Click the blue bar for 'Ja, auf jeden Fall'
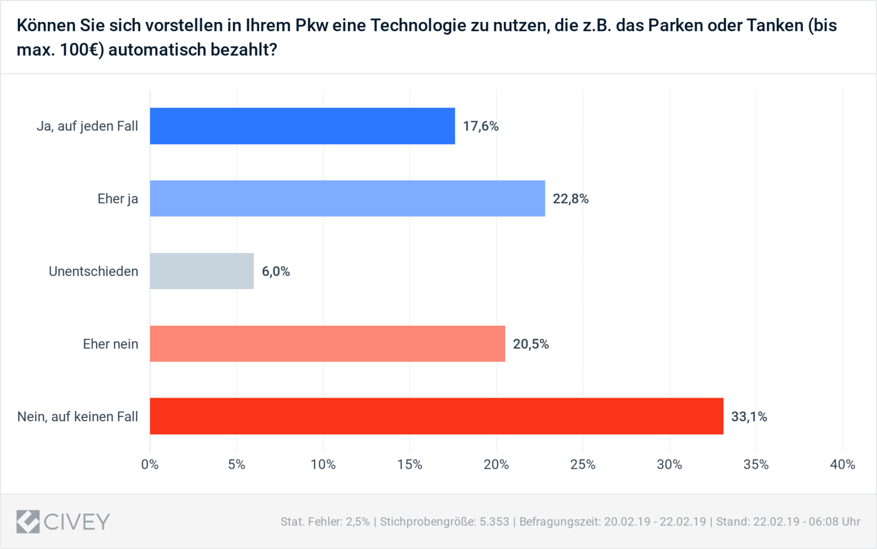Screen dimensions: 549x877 click(302, 126)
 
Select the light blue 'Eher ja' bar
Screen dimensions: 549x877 click(348, 199)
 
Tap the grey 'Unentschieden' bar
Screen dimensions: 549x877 click(202, 271)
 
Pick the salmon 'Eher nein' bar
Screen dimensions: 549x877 click(327, 344)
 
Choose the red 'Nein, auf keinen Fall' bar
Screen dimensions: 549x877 click(436, 416)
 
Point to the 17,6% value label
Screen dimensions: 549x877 click(481, 126)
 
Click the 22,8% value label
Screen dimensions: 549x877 click(571, 199)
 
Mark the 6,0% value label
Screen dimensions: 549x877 click(276, 271)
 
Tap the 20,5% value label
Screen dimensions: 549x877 click(531, 344)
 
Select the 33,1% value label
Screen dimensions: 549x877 click(749, 417)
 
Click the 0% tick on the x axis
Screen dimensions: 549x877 click(150, 465)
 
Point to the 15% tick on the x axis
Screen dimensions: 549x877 click(409, 465)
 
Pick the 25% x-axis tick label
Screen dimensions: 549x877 click(583, 465)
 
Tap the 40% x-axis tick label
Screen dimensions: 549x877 click(842, 465)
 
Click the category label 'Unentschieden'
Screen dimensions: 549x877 click(93, 271)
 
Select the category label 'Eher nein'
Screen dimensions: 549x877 click(110, 344)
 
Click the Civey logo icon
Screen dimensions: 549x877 click(28, 522)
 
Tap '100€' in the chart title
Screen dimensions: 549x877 click(82, 50)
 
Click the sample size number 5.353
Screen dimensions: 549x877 click(494, 522)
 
